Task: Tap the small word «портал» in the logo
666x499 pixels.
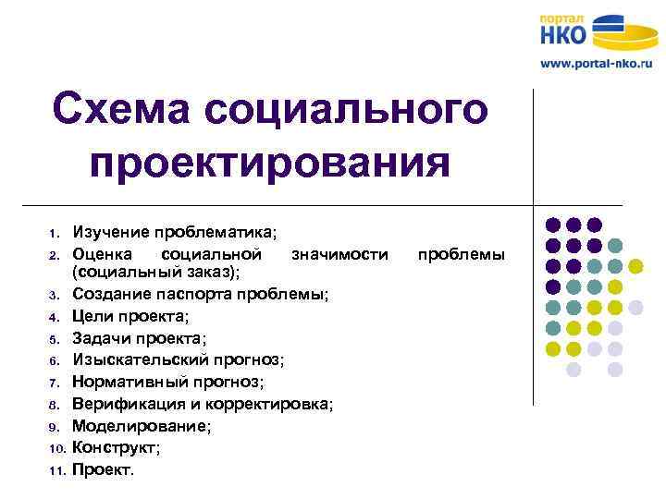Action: [561, 16]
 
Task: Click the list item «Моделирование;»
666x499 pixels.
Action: [141, 425]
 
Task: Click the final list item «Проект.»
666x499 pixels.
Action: [103, 469]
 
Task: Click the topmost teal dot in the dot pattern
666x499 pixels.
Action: [615, 246]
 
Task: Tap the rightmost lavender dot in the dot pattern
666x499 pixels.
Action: [635, 307]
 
